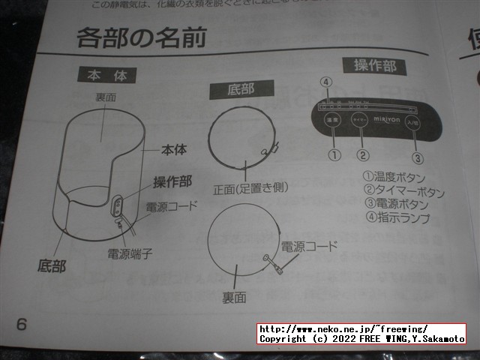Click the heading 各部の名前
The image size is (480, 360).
tap(140, 38)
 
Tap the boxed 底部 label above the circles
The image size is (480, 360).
tap(241, 89)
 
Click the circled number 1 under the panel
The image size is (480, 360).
tap(334, 155)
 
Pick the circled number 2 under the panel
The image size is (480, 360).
tap(363, 156)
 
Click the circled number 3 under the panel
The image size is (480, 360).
tap(418, 157)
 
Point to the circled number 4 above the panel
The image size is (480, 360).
tap(325, 82)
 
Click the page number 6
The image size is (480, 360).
tap(21, 324)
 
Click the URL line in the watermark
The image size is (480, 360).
tap(343, 329)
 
